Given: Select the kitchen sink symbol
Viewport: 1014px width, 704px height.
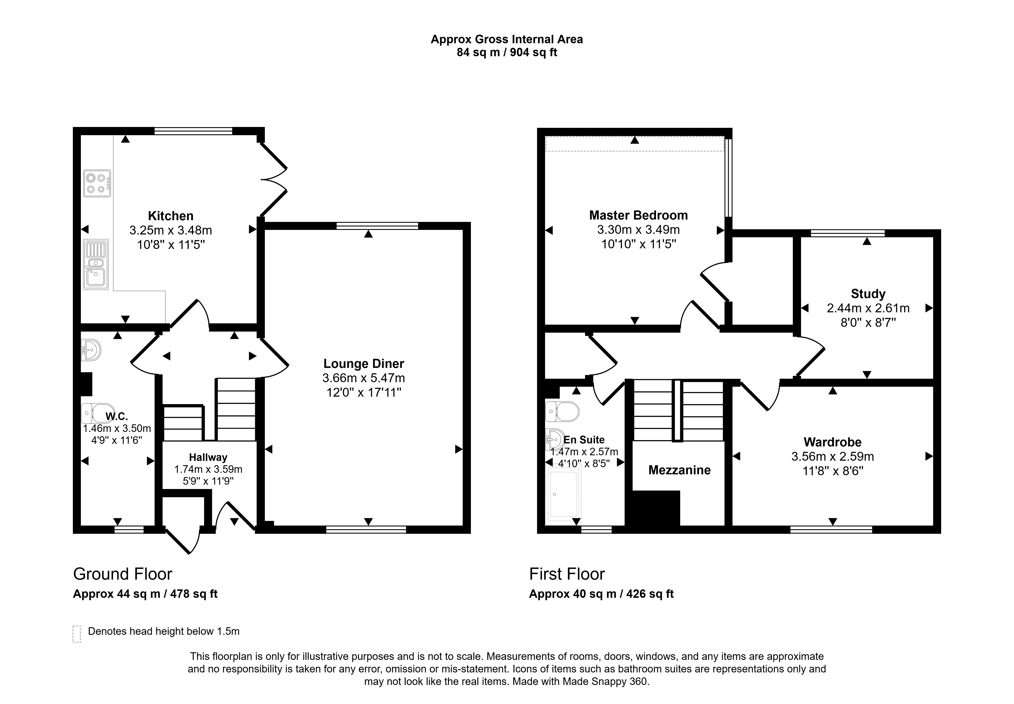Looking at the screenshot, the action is [x=96, y=264].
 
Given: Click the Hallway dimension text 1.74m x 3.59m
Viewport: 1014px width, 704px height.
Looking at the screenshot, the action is [x=208, y=469].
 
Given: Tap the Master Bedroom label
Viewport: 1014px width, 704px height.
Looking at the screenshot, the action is [x=638, y=215].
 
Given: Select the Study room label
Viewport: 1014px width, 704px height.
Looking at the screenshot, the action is [x=868, y=294].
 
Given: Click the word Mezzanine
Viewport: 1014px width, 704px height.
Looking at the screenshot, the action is [x=679, y=470].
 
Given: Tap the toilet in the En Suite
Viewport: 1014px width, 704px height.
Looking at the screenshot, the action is [x=562, y=412].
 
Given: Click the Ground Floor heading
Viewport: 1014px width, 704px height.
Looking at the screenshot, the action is [x=123, y=574].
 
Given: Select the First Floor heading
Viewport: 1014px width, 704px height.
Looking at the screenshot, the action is [x=567, y=574].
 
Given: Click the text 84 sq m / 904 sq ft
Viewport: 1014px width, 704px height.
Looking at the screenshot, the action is [x=507, y=53].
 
